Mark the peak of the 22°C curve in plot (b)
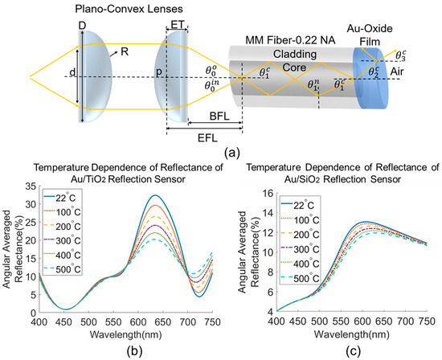pos(156,195)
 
